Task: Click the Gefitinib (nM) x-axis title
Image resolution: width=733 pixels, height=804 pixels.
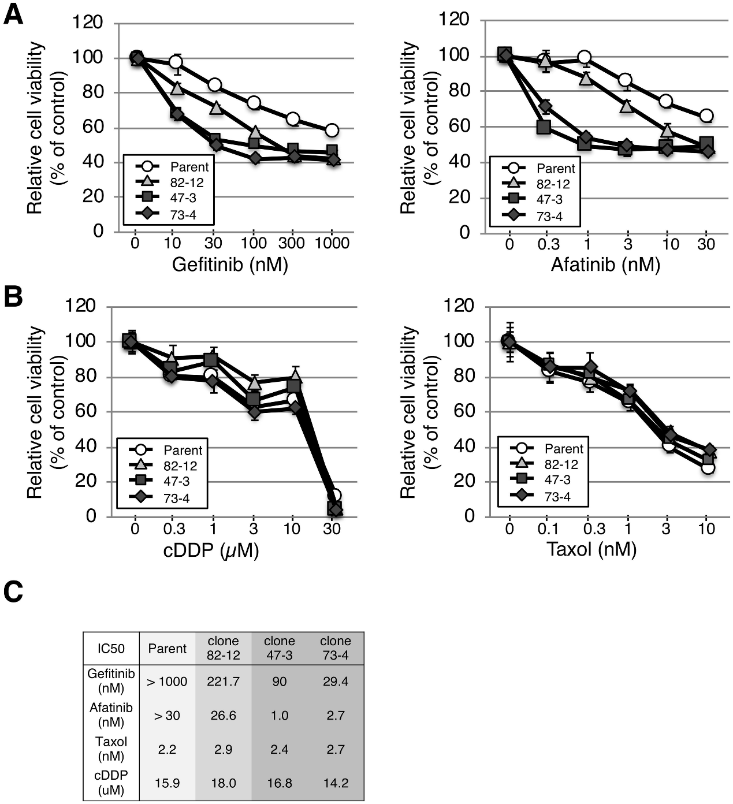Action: [230, 265]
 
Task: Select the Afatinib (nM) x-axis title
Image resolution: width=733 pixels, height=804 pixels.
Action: [605, 265]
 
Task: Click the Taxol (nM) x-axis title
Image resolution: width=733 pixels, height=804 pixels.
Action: [591, 549]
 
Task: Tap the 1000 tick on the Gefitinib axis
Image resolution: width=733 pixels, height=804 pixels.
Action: [332, 243]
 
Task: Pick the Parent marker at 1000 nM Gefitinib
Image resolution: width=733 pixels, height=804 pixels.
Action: [332, 130]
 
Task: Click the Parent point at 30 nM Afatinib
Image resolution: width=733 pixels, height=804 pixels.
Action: [706, 116]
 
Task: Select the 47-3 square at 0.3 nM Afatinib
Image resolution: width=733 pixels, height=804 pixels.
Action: [544, 127]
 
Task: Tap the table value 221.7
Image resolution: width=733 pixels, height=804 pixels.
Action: [223, 682]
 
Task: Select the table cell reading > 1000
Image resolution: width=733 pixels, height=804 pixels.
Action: [167, 682]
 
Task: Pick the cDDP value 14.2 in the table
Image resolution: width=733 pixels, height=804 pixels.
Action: [336, 783]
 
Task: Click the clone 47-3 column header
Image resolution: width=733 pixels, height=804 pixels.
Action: [279, 648]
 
